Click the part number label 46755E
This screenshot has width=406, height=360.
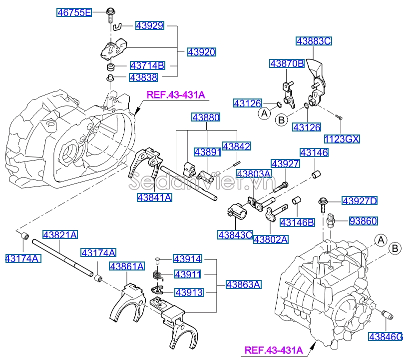[73, 13]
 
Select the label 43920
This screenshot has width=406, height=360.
[202, 51]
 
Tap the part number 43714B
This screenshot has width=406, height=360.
[147, 65]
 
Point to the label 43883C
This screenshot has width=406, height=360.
[313, 41]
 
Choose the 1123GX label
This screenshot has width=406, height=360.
[342, 138]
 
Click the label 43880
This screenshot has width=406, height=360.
[206, 117]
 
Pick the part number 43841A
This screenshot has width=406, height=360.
[154, 198]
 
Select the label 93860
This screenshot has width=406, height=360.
[363, 221]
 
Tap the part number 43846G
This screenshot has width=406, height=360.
[386, 336]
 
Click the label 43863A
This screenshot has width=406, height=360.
[243, 284]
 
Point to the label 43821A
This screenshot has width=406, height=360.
[60, 234]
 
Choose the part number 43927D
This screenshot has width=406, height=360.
[360, 201]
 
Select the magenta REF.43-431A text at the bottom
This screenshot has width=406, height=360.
[274, 351]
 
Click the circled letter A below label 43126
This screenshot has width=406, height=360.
[264, 114]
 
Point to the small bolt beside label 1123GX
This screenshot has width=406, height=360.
[339, 118]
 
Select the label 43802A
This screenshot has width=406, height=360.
[271, 239]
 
